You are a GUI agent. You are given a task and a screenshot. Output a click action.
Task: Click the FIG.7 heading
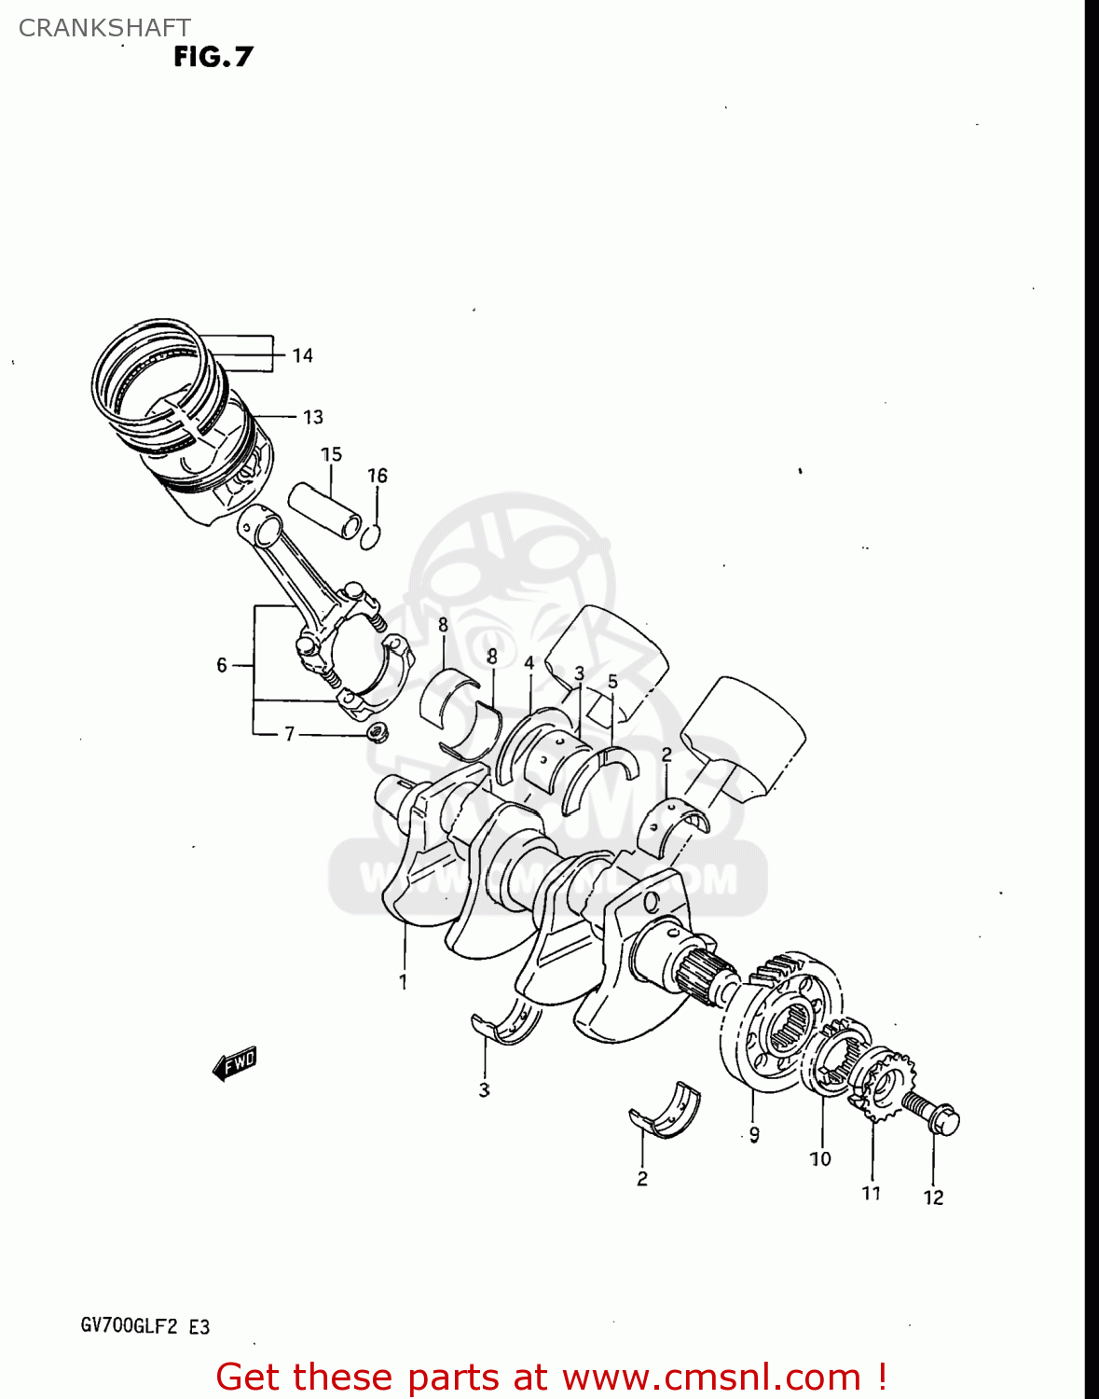213,57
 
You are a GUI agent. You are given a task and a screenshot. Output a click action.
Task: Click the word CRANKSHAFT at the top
104,28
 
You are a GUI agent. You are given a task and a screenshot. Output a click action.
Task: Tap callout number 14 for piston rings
302,355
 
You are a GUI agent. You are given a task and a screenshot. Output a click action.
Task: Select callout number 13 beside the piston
312,417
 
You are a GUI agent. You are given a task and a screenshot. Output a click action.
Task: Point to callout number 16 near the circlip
377,476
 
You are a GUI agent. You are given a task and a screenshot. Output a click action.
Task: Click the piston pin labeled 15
324,509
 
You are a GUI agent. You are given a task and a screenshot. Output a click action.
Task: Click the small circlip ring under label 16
370,536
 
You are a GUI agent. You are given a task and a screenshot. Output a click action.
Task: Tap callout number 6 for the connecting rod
222,665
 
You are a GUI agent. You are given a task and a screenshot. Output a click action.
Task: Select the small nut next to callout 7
378,732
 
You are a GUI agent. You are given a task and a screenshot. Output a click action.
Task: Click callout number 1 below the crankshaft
403,981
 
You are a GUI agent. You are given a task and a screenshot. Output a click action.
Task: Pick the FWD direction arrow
234,1062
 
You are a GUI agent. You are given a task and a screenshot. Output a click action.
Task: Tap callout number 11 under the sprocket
871,1193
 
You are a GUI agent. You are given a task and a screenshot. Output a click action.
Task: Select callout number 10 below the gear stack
819,1158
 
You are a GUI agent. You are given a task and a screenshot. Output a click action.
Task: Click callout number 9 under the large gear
754,1134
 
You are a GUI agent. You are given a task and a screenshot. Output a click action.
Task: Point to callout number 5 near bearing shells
612,682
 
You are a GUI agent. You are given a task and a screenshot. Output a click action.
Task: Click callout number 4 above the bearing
529,663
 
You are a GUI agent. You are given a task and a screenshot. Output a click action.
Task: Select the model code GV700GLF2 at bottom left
129,1326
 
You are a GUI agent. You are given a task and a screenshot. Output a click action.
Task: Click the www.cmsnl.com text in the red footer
711,1377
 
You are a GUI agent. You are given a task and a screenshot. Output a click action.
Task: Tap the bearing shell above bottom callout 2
666,1112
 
